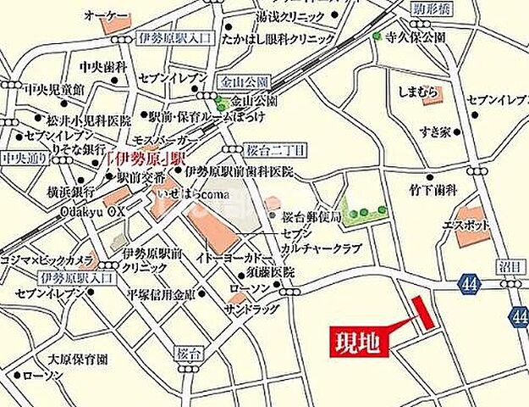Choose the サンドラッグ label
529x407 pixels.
point(237,309)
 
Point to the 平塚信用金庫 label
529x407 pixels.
point(162,294)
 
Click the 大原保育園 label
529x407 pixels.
point(78,358)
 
